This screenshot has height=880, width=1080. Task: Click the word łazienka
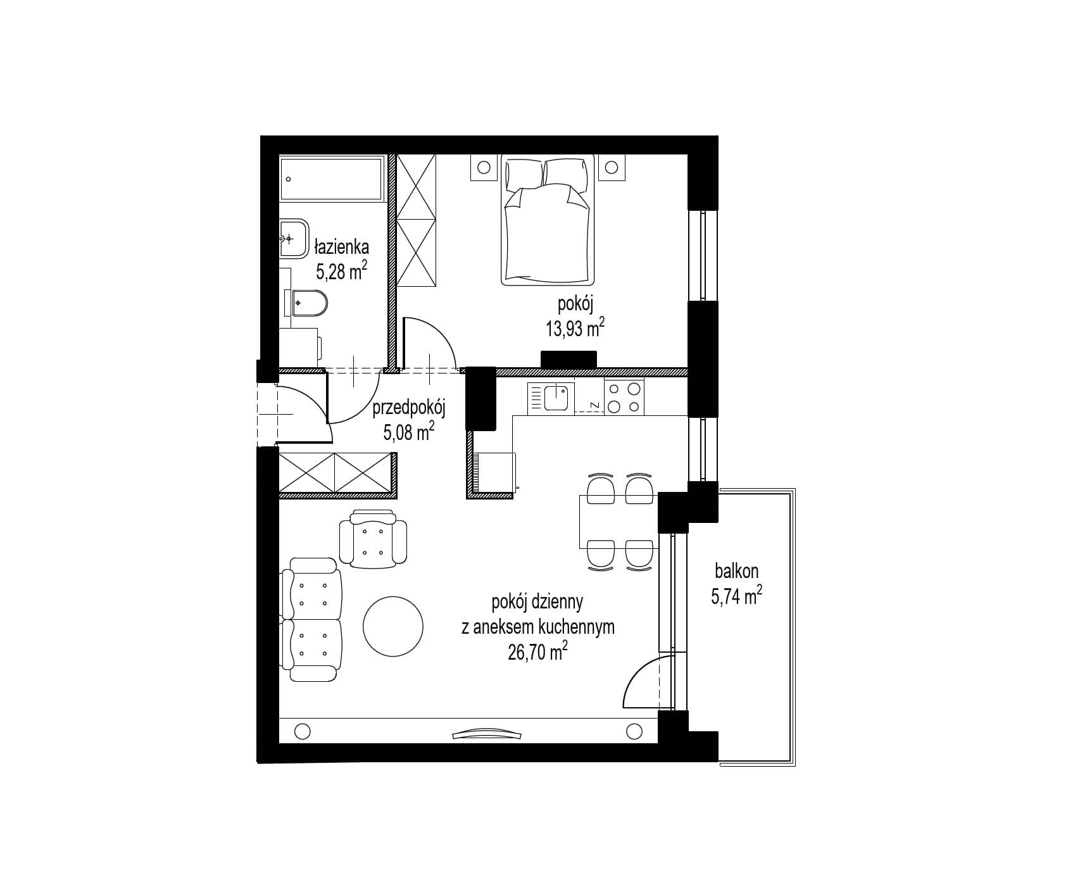tap(342, 245)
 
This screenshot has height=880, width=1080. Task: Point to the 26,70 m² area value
tap(537, 651)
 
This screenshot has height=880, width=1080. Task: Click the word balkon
tap(736, 571)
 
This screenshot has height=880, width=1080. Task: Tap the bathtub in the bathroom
tap(332, 179)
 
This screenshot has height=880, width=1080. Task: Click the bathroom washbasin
tap(294, 239)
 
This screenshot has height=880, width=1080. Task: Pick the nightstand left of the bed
tap(484, 168)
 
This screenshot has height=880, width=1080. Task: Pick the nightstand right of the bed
tap(612, 168)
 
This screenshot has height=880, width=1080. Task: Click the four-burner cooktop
tap(624, 396)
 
